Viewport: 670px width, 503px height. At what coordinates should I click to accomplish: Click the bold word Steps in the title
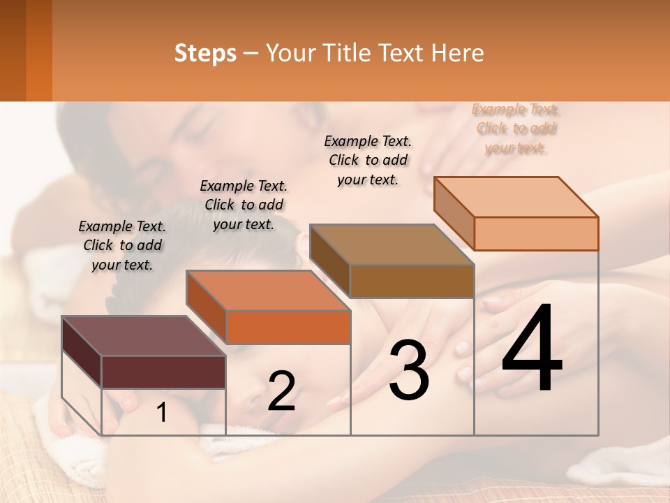pyautogui.click(x=205, y=53)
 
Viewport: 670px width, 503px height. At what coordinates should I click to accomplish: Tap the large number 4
pyautogui.click(x=532, y=349)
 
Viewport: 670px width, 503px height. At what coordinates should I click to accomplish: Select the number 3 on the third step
pyautogui.click(x=409, y=370)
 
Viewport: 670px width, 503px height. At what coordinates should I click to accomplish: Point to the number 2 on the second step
pyautogui.click(x=281, y=391)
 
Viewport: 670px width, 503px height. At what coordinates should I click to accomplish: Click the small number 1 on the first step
pyautogui.click(x=162, y=413)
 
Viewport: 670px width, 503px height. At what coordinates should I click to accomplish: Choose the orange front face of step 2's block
pyautogui.click(x=288, y=327)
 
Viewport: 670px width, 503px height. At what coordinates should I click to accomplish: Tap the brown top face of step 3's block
pyautogui.click(x=391, y=245)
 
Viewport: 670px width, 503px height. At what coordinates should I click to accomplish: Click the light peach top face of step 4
pyautogui.click(x=516, y=197)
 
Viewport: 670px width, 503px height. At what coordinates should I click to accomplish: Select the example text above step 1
pyautogui.click(x=122, y=245)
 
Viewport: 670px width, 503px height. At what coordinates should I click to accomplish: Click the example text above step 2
pyautogui.click(x=244, y=205)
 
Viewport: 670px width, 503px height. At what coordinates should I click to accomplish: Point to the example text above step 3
pyautogui.click(x=368, y=160)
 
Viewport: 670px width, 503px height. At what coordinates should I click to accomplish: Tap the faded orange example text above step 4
pyautogui.click(x=516, y=129)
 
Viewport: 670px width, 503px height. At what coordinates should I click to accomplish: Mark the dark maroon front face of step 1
pyautogui.click(x=163, y=372)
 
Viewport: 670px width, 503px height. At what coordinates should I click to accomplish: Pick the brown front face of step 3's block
pyautogui.click(x=412, y=281)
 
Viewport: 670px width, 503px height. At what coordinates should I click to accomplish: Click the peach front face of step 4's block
pyautogui.click(x=536, y=233)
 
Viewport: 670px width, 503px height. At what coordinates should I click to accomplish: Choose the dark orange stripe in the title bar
pyautogui.click(x=39, y=50)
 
